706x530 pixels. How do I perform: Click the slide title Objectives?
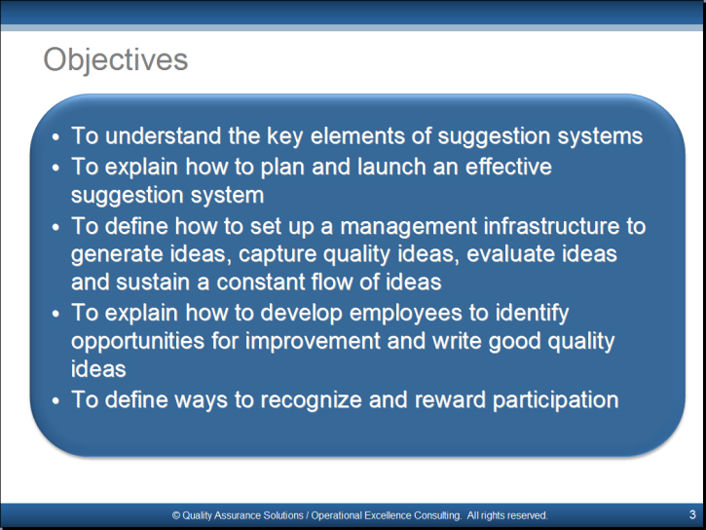(115, 59)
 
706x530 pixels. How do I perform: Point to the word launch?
(391, 167)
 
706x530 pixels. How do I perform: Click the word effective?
(508, 167)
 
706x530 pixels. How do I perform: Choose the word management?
(408, 226)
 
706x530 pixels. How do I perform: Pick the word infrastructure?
(551, 226)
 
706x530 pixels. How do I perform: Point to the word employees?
(405, 313)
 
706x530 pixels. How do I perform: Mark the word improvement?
(313, 341)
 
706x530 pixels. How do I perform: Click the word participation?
(556, 399)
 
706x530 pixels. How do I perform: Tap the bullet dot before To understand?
(56, 137)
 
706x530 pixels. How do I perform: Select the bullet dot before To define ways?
(56, 400)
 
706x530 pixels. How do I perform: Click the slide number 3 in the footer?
(692, 514)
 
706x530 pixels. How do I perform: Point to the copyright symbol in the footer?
(176, 515)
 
